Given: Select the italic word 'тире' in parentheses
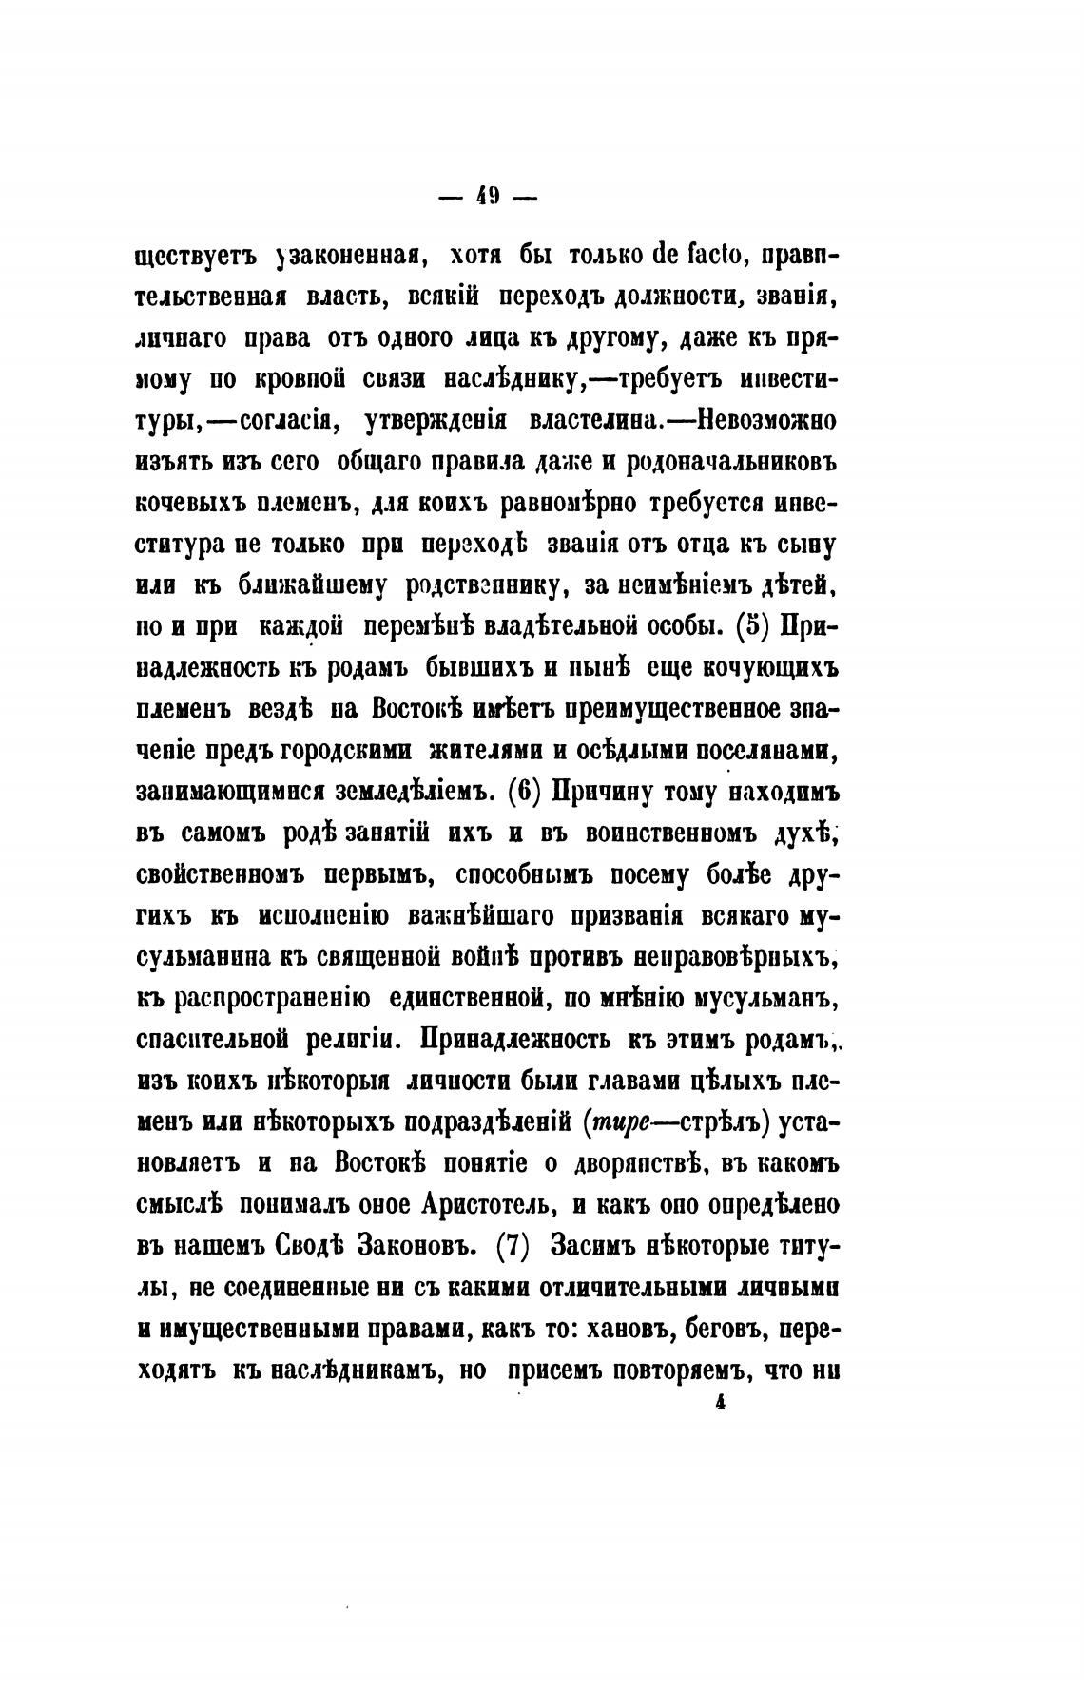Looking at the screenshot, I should click(x=621, y=1122).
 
